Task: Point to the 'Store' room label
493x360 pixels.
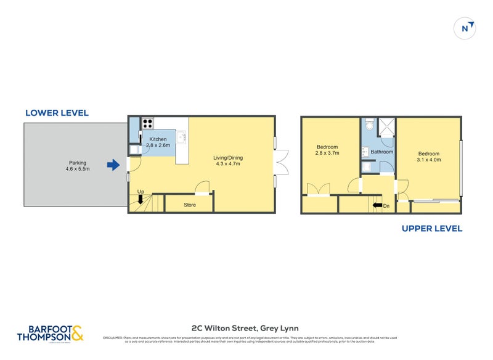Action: point(190,205)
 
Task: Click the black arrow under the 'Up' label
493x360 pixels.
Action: point(141,199)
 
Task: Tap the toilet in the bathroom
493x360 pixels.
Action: point(369,125)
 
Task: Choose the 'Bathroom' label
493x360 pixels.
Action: point(381,152)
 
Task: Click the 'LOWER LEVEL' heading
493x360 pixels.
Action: point(57,113)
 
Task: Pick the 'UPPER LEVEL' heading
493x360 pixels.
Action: point(431,228)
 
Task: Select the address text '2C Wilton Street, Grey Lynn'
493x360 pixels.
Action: point(246,328)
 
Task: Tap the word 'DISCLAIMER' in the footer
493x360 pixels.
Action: point(113,338)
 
